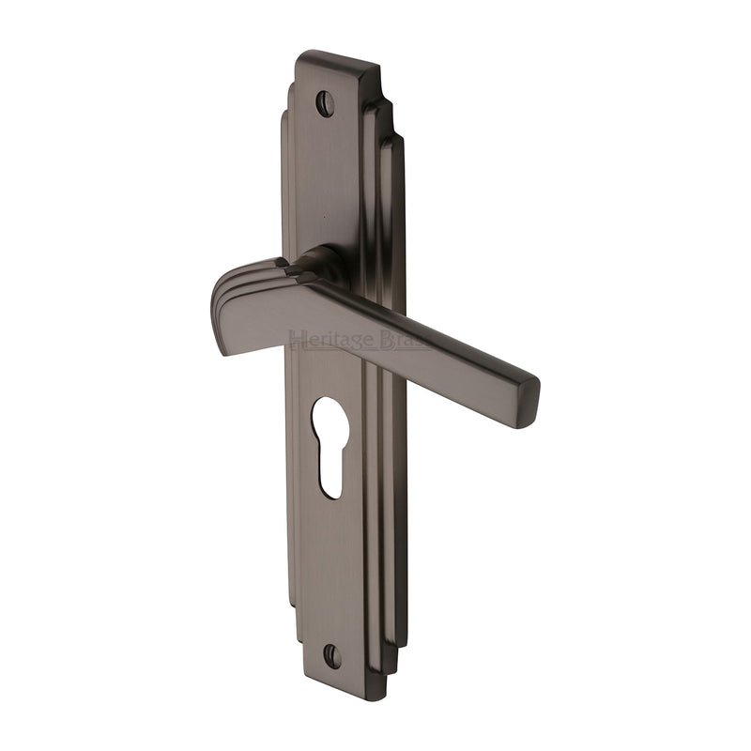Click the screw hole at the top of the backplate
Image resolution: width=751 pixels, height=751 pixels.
pos(325,103)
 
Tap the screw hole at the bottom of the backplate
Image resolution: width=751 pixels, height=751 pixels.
pos(331,655)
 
